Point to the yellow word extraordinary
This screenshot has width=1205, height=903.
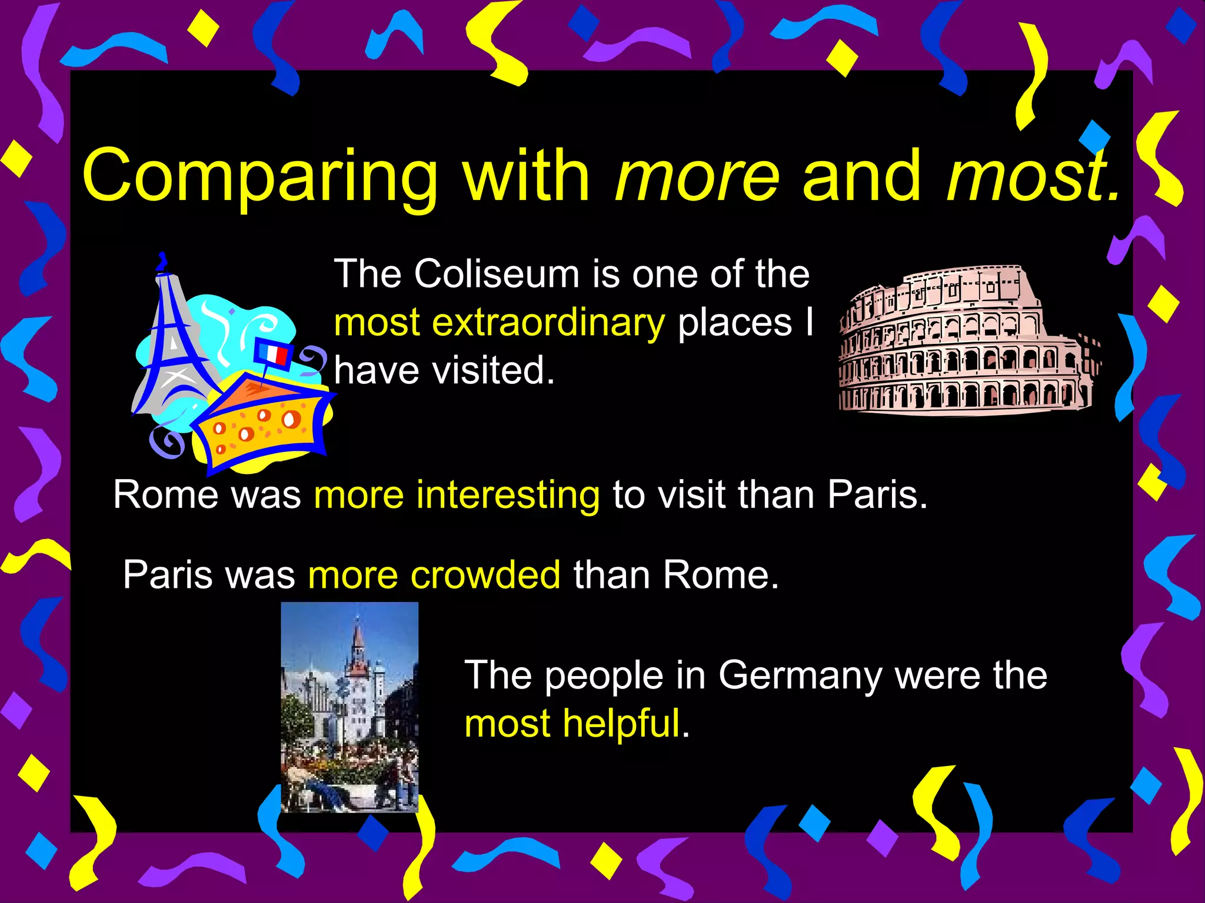point(548,323)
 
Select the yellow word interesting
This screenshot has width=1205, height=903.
point(508,494)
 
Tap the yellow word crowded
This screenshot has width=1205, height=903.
point(485,574)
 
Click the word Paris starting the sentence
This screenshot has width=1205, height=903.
point(167,574)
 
